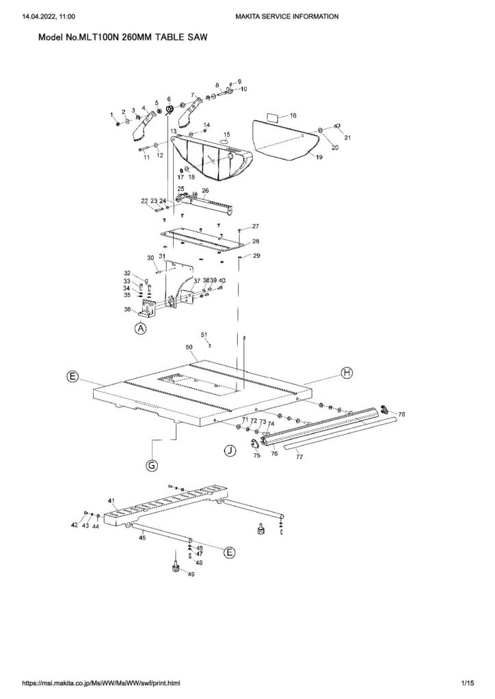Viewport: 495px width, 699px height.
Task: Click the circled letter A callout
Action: tap(141, 328)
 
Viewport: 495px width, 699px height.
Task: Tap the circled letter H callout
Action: tap(347, 373)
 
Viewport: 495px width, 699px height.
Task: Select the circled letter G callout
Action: tap(152, 466)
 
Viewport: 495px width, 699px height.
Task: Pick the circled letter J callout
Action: tap(230, 451)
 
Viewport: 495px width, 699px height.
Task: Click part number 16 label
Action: tap(293, 115)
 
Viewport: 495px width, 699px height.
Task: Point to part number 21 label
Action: tap(347, 138)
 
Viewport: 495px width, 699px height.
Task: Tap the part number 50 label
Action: tap(189, 346)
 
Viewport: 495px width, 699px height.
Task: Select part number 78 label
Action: tap(402, 414)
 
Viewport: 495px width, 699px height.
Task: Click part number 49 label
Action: tap(191, 575)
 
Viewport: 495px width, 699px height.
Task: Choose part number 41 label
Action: tap(111, 500)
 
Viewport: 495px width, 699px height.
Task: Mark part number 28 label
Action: tap(256, 241)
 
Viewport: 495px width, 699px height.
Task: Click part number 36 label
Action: tap(127, 309)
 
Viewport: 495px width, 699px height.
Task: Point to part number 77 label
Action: tap(299, 457)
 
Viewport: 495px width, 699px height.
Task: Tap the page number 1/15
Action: tap(468, 683)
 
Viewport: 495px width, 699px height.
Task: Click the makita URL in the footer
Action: tap(101, 683)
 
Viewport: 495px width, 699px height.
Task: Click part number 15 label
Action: tap(227, 134)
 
